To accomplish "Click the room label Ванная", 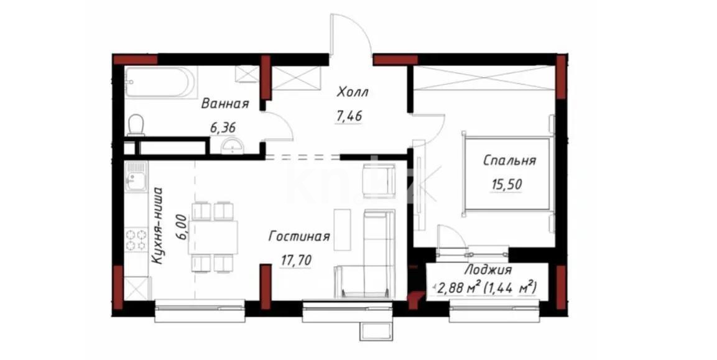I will tap(224, 104).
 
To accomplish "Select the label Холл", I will tap(353, 92).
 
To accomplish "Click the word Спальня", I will tap(509, 160).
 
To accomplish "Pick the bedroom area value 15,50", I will tap(506, 185).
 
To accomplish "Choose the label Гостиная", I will tap(299, 236).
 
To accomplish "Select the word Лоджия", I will tap(488, 270).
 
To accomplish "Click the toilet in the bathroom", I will tap(135, 126).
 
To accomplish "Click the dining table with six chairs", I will tap(213, 237).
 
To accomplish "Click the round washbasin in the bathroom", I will tap(233, 147).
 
